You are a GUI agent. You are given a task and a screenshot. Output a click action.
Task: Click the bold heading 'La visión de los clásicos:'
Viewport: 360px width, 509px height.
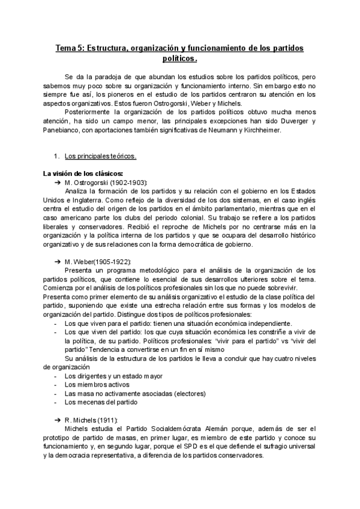coord(74,173)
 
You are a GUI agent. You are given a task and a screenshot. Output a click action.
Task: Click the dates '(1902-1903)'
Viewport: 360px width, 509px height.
coord(128,182)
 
